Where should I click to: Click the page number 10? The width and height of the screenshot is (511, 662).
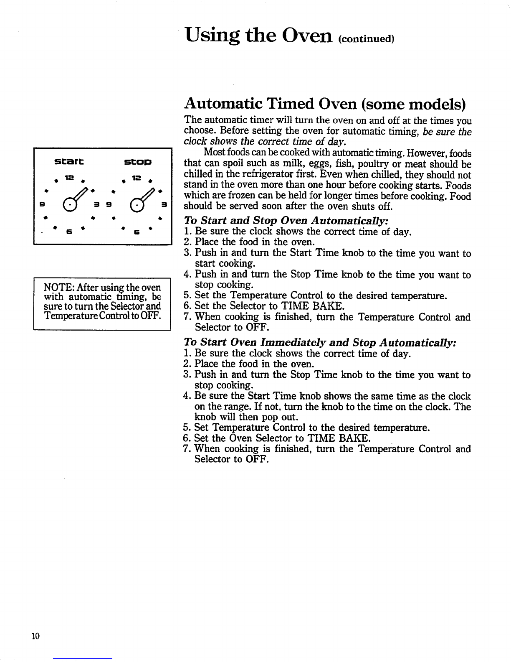point(35,636)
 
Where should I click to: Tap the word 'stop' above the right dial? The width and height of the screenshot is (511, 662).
point(137,161)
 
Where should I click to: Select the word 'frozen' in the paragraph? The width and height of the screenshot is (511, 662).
point(233,196)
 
